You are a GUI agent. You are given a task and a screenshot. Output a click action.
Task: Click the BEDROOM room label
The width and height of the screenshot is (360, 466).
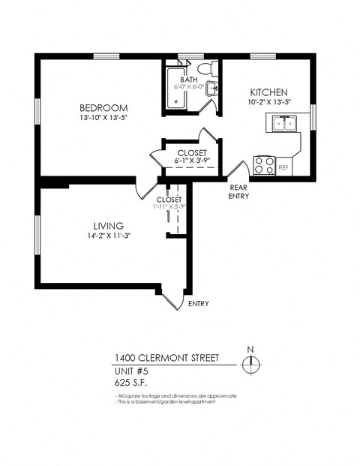[x=103, y=107]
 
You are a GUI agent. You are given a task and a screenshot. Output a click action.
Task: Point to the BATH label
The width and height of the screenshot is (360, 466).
[x=188, y=79]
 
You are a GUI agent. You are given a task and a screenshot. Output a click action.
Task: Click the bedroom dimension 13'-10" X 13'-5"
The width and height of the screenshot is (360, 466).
[x=103, y=118]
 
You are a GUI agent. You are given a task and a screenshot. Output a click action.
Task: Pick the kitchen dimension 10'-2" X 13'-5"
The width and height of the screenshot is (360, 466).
[x=268, y=103]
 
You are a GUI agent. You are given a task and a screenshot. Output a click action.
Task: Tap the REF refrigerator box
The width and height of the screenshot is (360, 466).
[x=283, y=168]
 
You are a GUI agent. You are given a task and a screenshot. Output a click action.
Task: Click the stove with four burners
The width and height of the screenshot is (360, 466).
[x=263, y=165]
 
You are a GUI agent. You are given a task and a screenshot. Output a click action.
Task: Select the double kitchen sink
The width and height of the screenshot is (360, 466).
[x=284, y=123]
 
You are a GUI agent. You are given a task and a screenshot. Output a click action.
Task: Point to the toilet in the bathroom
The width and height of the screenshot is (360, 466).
[x=214, y=71]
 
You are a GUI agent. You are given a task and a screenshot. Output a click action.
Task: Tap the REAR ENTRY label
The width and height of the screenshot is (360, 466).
[x=238, y=192]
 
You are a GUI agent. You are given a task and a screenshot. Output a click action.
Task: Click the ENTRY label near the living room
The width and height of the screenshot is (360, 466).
[x=199, y=304]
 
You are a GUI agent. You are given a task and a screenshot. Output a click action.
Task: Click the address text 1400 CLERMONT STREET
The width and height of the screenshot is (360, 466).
[x=167, y=358]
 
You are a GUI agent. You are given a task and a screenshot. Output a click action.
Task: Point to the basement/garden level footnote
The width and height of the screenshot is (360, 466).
[x=166, y=402]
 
